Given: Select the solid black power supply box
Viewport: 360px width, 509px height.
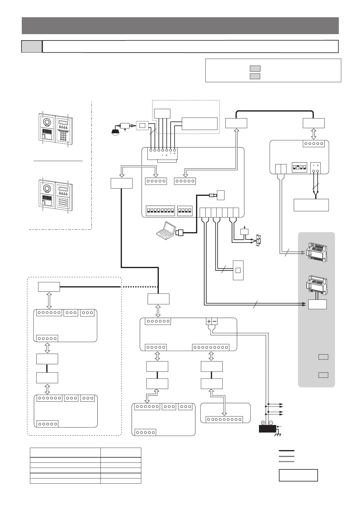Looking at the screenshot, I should (x=268, y=429).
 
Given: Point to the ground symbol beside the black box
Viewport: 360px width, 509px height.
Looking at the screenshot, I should (x=277, y=435).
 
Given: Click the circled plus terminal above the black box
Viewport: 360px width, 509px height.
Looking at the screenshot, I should (x=263, y=423).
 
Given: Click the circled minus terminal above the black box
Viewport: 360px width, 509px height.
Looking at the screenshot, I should (x=271, y=423).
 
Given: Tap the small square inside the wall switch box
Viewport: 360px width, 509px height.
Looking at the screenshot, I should (x=238, y=270).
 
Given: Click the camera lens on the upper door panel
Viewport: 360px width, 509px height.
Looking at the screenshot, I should (x=47, y=121).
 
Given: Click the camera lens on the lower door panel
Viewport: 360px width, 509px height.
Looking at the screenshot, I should (x=47, y=189).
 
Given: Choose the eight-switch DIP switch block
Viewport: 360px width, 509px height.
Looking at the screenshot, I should (x=160, y=211).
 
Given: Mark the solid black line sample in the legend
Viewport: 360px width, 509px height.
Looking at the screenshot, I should (x=286, y=451).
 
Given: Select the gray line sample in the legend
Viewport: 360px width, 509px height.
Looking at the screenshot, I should (x=286, y=456).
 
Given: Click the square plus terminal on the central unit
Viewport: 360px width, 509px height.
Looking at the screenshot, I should (x=209, y=321).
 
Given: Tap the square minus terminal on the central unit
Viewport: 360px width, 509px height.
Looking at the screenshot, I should (x=214, y=321).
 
